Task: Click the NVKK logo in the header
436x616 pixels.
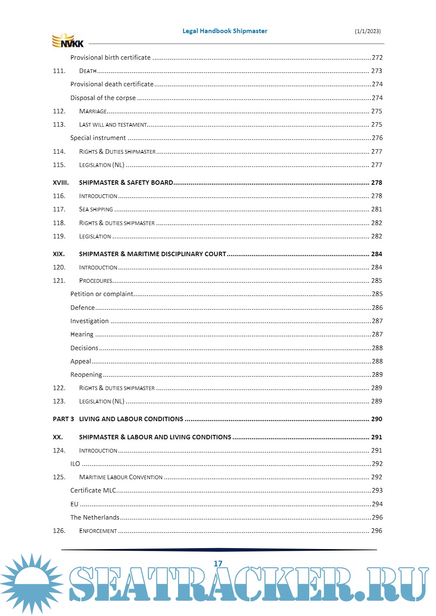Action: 68,41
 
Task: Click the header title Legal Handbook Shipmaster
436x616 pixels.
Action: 224,31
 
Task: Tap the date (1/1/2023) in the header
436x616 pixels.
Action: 367,31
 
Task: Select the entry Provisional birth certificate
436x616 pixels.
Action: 110,58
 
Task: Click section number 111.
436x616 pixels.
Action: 59,71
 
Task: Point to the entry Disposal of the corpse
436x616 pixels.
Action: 103,98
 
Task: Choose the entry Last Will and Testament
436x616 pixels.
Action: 113,125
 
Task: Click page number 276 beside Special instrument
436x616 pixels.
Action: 377,138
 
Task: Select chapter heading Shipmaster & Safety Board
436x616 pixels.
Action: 126,183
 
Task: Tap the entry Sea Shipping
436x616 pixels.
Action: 96,209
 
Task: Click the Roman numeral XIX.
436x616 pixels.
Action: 59,254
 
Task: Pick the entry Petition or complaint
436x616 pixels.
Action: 102,294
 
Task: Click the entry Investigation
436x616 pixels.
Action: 89,321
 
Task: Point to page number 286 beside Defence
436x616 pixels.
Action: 377,308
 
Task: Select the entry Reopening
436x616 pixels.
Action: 86,375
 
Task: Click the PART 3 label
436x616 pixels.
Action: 63,419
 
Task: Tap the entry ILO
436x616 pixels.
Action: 75,464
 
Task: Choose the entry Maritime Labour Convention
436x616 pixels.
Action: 121,477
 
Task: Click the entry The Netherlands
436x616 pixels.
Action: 95,518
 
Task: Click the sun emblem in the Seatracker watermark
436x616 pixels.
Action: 31,583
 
